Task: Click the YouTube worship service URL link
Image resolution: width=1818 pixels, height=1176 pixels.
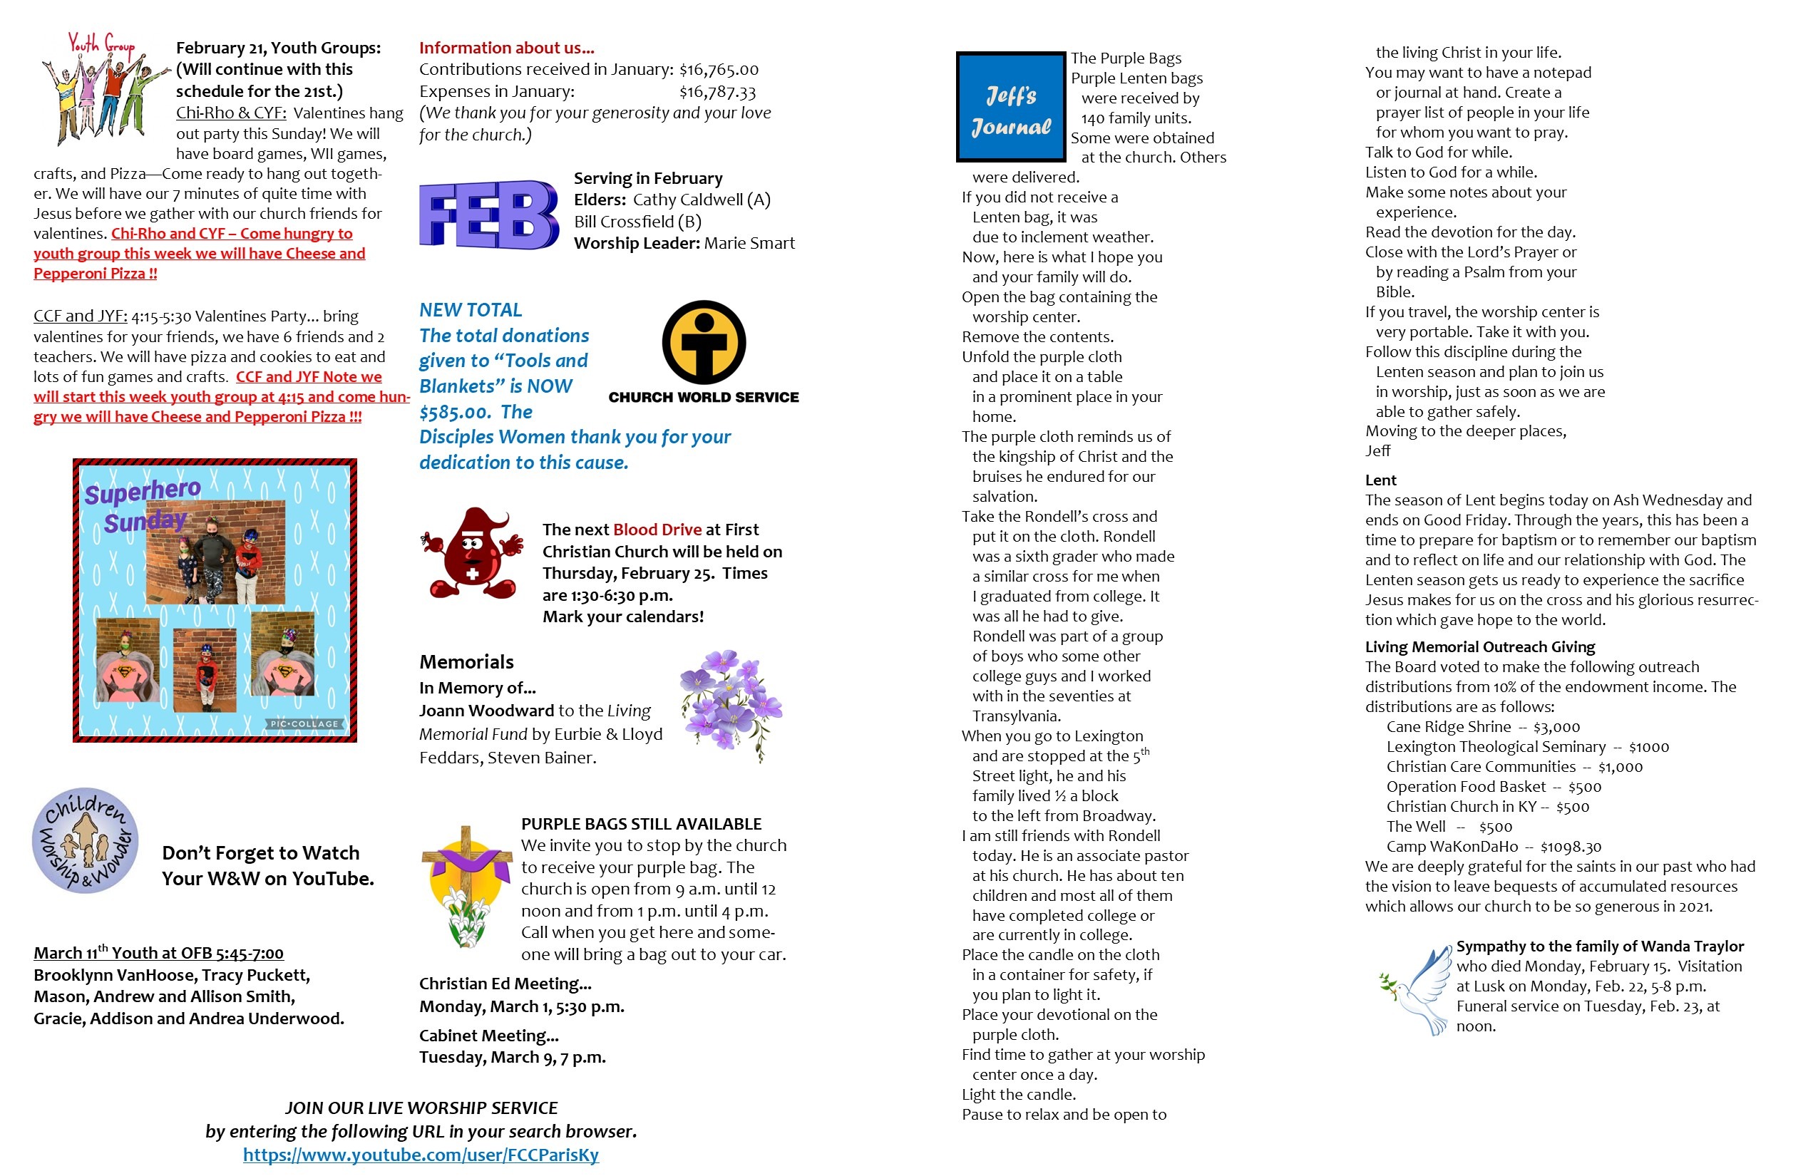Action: [x=421, y=1155]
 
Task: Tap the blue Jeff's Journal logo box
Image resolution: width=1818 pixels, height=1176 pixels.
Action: [x=1011, y=107]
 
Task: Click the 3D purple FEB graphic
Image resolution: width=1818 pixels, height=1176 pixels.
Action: [x=489, y=215]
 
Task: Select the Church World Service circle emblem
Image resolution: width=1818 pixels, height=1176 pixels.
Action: [x=704, y=342]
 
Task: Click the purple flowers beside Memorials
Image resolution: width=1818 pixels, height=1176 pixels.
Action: [x=730, y=703]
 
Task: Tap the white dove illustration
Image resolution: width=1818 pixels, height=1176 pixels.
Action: [x=1417, y=990]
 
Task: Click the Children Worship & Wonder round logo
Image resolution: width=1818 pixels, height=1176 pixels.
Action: [x=86, y=840]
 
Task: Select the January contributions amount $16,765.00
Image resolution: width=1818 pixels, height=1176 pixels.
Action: [x=719, y=70]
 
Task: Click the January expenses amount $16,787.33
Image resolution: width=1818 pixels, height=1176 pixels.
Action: [x=717, y=92]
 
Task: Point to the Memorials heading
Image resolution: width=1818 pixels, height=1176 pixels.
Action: [x=466, y=662]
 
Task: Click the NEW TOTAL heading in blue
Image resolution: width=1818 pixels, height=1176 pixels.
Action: [x=471, y=310]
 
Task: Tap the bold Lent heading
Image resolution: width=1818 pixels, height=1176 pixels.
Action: [x=1380, y=480]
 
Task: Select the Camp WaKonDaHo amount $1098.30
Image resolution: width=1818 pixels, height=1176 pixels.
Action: [x=1571, y=847]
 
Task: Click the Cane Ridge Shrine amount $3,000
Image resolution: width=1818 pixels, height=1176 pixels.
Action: [x=1556, y=727]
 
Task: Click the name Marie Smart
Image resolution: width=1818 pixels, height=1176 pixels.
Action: [x=749, y=243]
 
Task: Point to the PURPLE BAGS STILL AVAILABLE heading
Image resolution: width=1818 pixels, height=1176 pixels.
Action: [x=641, y=824]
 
